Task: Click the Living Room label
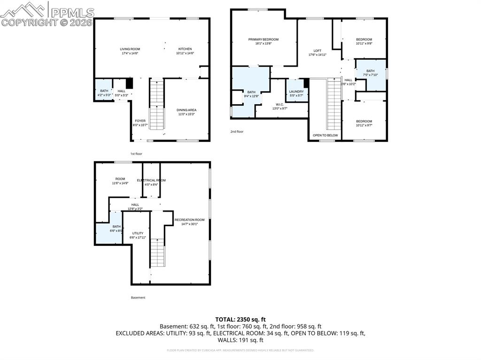tap(130, 49)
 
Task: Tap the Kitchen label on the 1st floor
tap(185, 49)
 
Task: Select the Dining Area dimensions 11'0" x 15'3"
tap(187, 114)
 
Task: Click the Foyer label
tap(140, 121)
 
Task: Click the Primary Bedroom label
tap(263, 39)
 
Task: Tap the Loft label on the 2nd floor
tap(317, 51)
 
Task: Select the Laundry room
tap(296, 92)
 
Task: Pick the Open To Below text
tap(325, 135)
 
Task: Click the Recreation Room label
tap(189, 220)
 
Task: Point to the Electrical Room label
tap(151, 180)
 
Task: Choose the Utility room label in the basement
tap(138, 233)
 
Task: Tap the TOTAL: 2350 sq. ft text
tap(240, 319)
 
